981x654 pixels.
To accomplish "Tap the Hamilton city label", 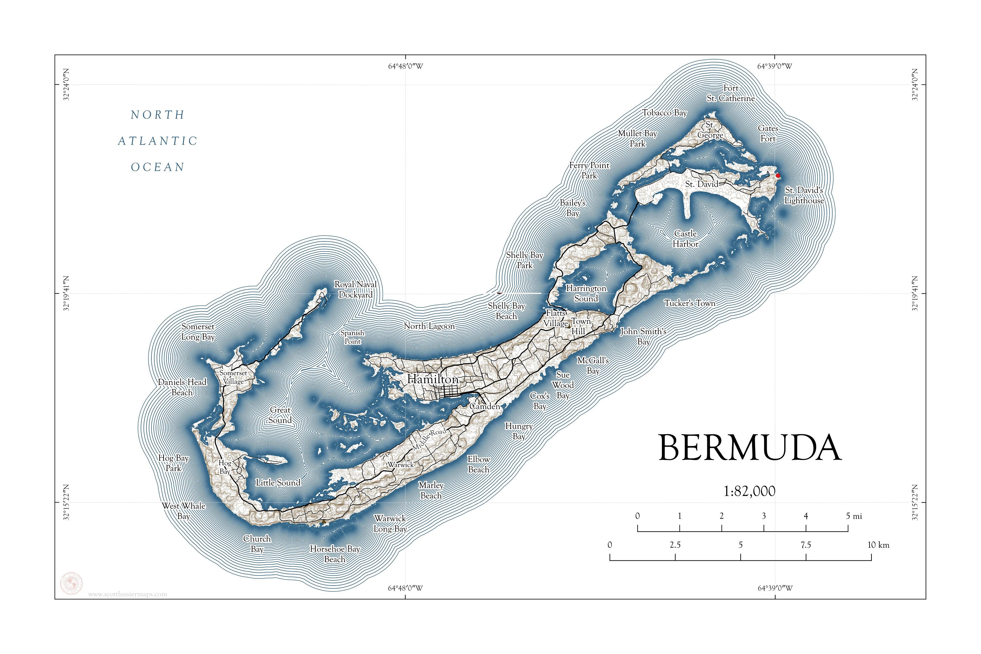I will [433, 379].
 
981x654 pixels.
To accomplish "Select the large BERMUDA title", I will [749, 448].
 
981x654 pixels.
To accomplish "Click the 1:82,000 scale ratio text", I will [749, 491].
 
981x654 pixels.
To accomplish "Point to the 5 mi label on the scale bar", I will [853, 516].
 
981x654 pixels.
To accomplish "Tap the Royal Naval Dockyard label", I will [356, 290].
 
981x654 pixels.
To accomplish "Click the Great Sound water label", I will [280, 415].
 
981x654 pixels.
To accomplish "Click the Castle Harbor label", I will [685, 239].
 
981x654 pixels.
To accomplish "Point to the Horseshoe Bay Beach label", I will [335, 554].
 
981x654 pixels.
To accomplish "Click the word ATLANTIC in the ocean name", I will [158, 141].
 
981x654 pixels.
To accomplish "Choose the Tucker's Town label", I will [690, 303].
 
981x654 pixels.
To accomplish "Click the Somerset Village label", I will [233, 377].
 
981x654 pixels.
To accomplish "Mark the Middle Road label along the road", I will [429, 439].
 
